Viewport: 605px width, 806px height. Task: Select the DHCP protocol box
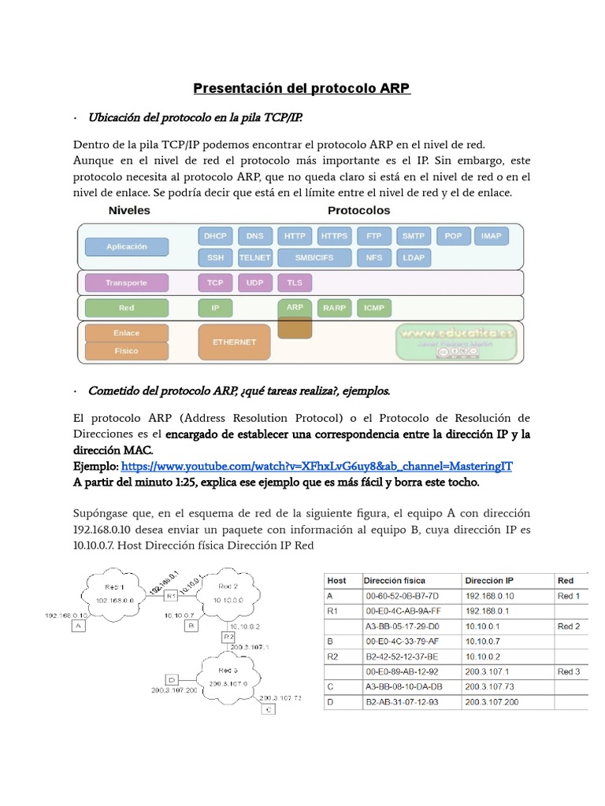(215, 236)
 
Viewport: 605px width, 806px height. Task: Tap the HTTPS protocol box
(335, 236)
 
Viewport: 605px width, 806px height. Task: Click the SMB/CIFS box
(314, 257)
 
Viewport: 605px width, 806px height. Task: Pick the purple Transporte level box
(127, 282)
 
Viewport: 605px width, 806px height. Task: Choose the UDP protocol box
(254, 282)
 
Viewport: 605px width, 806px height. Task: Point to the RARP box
(334, 309)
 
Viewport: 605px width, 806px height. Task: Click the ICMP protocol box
(374, 309)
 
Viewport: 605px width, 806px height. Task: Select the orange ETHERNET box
(235, 342)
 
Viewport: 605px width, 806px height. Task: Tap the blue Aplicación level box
(127, 246)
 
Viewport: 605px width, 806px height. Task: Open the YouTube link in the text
(317, 466)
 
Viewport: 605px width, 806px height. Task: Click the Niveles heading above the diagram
(129, 211)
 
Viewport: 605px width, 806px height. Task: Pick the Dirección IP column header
(490, 580)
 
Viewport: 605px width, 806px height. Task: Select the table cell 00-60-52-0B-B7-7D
(403, 596)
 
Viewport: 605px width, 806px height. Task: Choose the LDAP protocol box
(414, 257)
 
